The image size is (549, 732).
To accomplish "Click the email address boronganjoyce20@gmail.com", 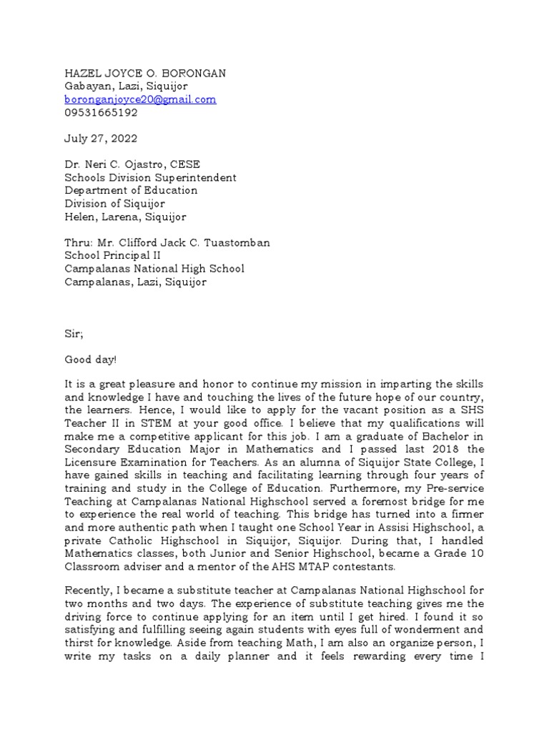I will click(x=140, y=100).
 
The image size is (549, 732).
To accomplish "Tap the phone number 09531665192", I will click(x=101, y=113).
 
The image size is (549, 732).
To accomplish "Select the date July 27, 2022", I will click(x=101, y=139).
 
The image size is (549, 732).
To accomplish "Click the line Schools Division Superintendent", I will click(x=150, y=177).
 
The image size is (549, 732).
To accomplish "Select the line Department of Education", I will click(x=131, y=191).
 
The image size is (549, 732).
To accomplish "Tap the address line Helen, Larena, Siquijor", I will click(x=126, y=217).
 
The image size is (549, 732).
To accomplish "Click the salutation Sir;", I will click(x=74, y=334).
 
